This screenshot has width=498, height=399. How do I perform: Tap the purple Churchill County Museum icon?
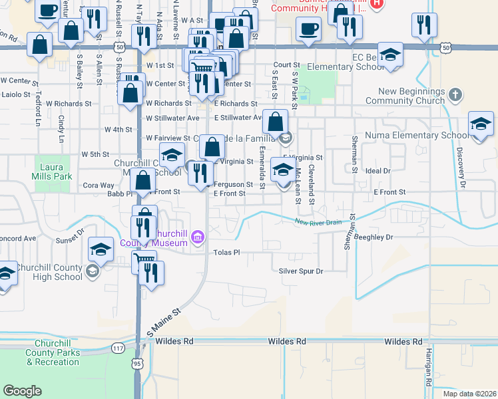(197, 237)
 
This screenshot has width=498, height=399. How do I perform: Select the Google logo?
(22, 391)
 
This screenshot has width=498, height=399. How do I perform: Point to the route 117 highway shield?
(119, 348)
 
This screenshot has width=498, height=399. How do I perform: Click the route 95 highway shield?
(136, 363)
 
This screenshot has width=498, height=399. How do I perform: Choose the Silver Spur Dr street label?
(300, 271)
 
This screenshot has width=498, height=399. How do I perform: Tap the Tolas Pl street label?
(226, 253)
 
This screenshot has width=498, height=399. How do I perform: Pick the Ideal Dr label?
(377, 171)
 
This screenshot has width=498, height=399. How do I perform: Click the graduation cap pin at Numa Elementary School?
(480, 124)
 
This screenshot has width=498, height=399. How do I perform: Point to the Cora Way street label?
(99, 186)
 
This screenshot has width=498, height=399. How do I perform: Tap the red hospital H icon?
(377, 3)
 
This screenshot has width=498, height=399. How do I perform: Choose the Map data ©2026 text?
(469, 393)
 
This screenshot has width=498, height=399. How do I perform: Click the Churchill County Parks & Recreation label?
(53, 353)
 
